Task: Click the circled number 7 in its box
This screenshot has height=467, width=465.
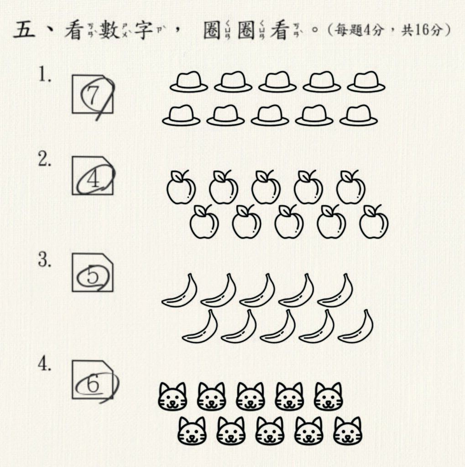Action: click(x=93, y=95)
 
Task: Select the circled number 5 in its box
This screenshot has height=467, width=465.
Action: click(x=92, y=275)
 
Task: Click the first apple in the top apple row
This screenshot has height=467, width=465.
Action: click(x=181, y=187)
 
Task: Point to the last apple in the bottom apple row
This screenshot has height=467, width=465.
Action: click(x=374, y=221)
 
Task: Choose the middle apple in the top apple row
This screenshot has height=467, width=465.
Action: click(x=266, y=187)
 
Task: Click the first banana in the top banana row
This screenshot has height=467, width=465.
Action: click(x=179, y=290)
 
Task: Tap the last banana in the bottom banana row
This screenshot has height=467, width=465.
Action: click(x=355, y=326)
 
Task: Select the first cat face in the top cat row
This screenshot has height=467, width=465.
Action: click(x=172, y=397)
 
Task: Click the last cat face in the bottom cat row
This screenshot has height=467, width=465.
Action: click(x=347, y=431)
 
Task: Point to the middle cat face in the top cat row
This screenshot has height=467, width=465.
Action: click(x=250, y=397)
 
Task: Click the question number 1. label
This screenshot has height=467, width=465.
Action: click(x=45, y=74)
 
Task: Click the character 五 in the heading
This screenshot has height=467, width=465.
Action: click(x=24, y=30)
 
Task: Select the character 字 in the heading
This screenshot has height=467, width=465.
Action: click(x=144, y=30)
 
